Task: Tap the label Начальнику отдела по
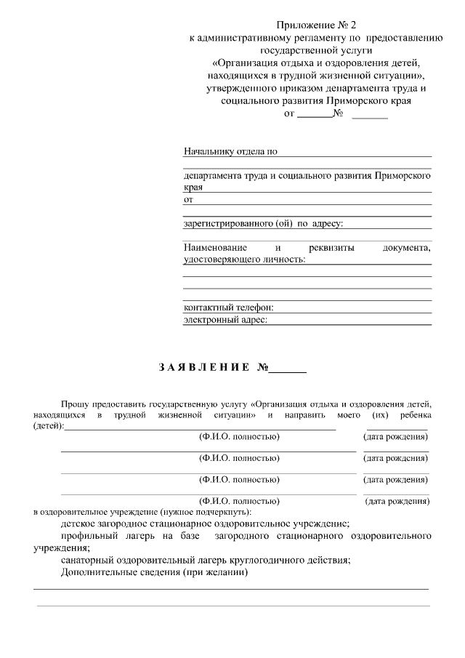[x=230, y=152]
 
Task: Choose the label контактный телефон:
[x=228, y=308]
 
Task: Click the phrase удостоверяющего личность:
[x=245, y=259]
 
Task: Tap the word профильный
[x=88, y=536]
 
